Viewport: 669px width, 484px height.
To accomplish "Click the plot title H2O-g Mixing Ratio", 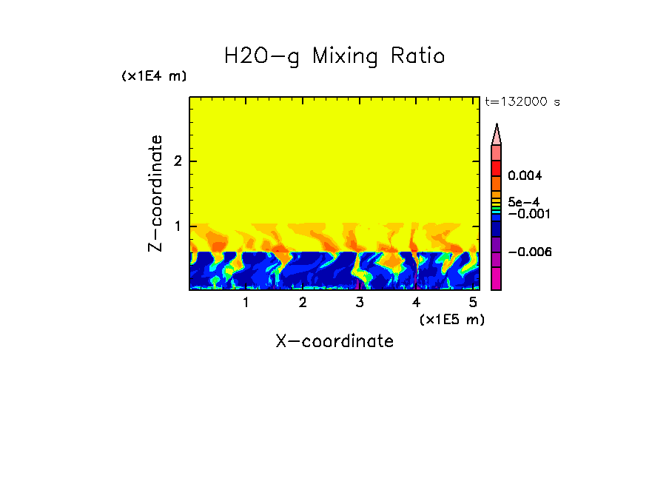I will click(334, 56).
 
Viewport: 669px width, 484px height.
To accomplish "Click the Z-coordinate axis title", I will click(155, 193).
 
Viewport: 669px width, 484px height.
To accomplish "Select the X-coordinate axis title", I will click(334, 341).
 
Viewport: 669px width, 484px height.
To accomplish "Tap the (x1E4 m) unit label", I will click(154, 76).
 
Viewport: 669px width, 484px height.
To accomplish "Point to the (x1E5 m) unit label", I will click(451, 319).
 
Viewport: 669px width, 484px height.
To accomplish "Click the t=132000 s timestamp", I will click(522, 102).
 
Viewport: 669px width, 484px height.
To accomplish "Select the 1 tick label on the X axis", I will click(246, 303).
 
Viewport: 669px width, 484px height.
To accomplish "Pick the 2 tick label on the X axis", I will click(303, 303).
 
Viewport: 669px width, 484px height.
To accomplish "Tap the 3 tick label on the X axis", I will click(360, 303).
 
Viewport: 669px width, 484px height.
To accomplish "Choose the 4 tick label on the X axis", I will click(416, 303).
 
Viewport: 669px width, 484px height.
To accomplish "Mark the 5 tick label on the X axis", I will click(473, 303).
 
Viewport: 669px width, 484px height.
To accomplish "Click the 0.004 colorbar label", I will click(525, 176).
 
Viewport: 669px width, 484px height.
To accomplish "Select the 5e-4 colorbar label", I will click(523, 201).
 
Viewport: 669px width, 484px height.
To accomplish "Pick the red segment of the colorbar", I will click(497, 167).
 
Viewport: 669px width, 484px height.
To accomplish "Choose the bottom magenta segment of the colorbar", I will click(497, 279).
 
